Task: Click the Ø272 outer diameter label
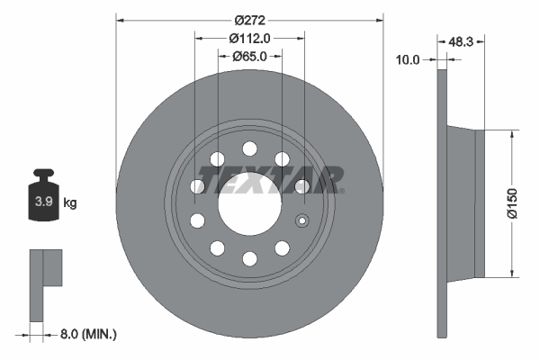pos(249,20)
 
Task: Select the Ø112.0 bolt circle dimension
pos(249,38)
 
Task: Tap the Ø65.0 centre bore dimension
pos(249,56)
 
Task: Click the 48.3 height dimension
pos(462,41)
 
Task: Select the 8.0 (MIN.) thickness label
pos(88,335)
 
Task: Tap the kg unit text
pos(70,203)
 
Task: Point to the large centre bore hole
pos(248,200)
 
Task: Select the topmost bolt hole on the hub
pos(249,148)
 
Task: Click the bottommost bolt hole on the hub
pos(249,258)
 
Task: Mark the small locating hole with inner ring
pos(302,221)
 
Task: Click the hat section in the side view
pos(468,203)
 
